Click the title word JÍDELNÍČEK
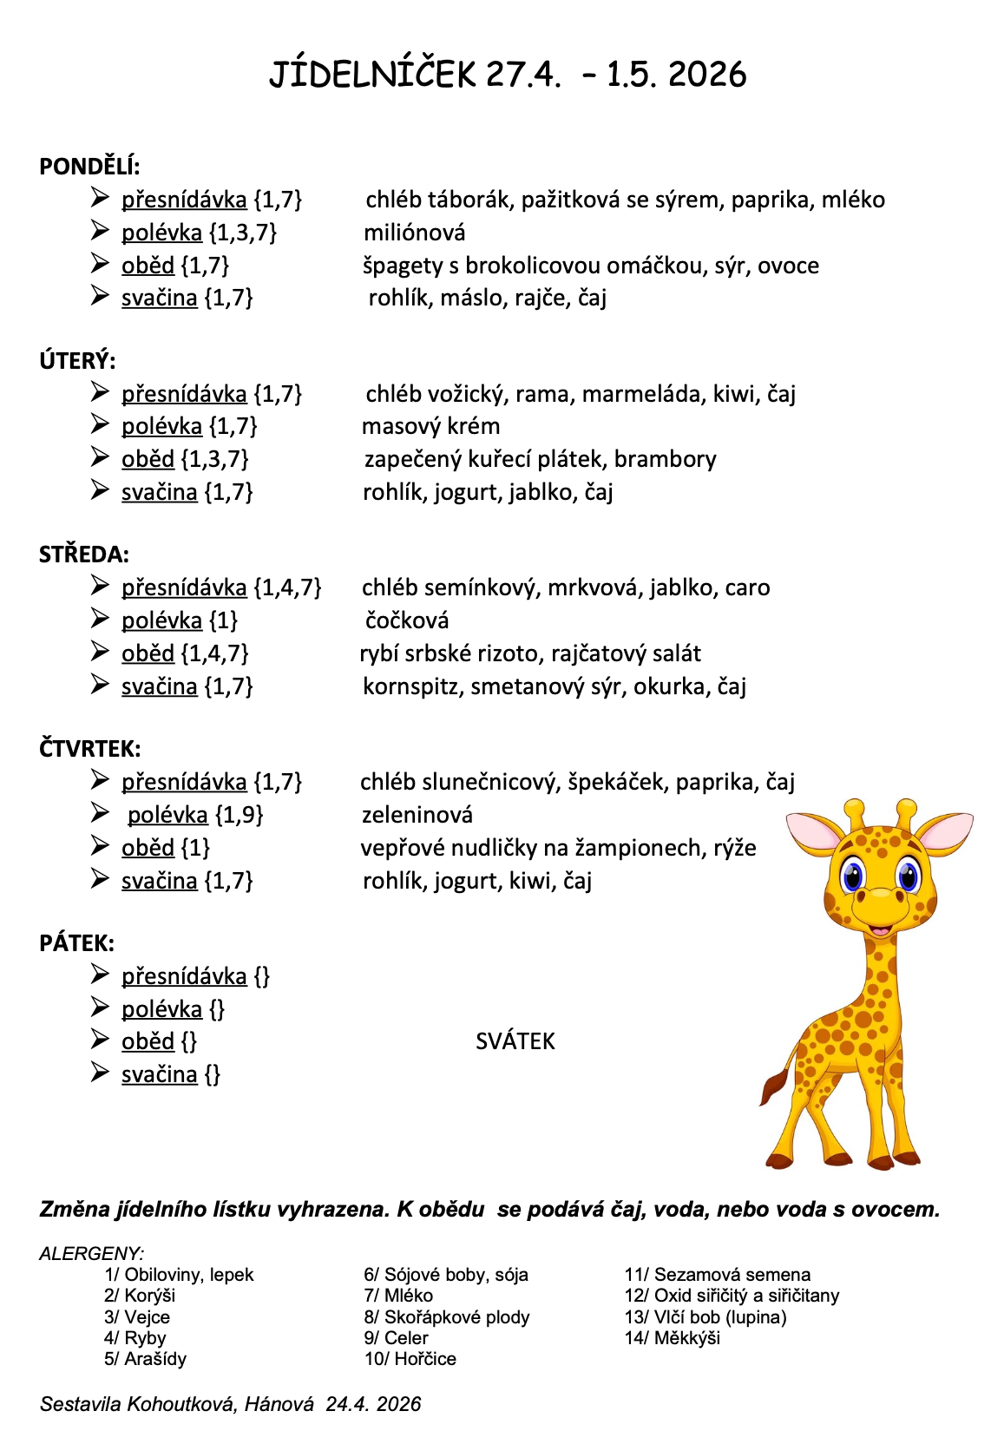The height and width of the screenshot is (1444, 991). [372, 75]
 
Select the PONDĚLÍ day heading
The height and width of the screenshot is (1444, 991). [89, 167]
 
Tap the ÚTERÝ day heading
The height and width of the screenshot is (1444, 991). [77, 361]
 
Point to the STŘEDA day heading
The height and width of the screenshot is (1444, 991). [84, 555]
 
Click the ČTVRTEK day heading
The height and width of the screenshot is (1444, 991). [89, 749]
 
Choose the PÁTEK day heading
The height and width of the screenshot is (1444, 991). [76, 943]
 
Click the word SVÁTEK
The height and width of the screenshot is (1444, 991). [515, 1041]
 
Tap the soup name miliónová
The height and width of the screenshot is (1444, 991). [414, 233]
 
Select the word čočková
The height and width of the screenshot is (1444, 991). [407, 620]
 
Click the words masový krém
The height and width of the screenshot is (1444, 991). [430, 426]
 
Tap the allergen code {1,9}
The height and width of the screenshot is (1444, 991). [239, 815]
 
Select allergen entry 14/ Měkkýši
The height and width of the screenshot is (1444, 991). [673, 1338]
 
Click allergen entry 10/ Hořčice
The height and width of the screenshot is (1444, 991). [410, 1359]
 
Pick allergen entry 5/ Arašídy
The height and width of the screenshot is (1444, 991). [145, 1359]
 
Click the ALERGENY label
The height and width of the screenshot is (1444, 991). [91, 1253]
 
